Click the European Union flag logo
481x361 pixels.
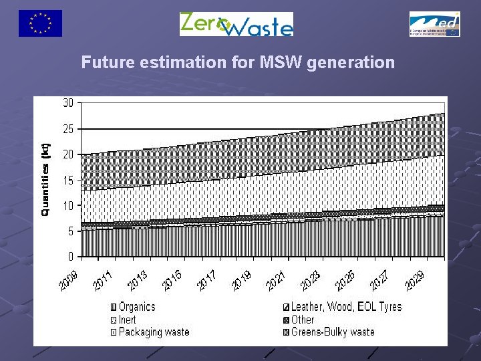click(40, 23)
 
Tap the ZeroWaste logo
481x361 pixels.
click(236, 24)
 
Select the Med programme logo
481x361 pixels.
click(434, 24)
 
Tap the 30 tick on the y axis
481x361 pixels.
click(68, 103)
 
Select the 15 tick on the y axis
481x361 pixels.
click(68, 180)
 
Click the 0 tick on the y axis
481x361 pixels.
click(71, 257)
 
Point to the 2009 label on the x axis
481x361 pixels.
click(67, 280)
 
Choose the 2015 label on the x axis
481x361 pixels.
click(172, 280)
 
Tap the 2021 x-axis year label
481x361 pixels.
click(276, 280)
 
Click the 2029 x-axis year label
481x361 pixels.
click(415, 280)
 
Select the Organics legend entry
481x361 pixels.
click(136, 307)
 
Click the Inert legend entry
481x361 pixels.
click(127, 320)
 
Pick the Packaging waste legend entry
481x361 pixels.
click(154, 332)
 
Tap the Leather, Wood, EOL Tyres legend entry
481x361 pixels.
click(346, 307)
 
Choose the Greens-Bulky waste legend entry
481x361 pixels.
click(333, 332)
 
